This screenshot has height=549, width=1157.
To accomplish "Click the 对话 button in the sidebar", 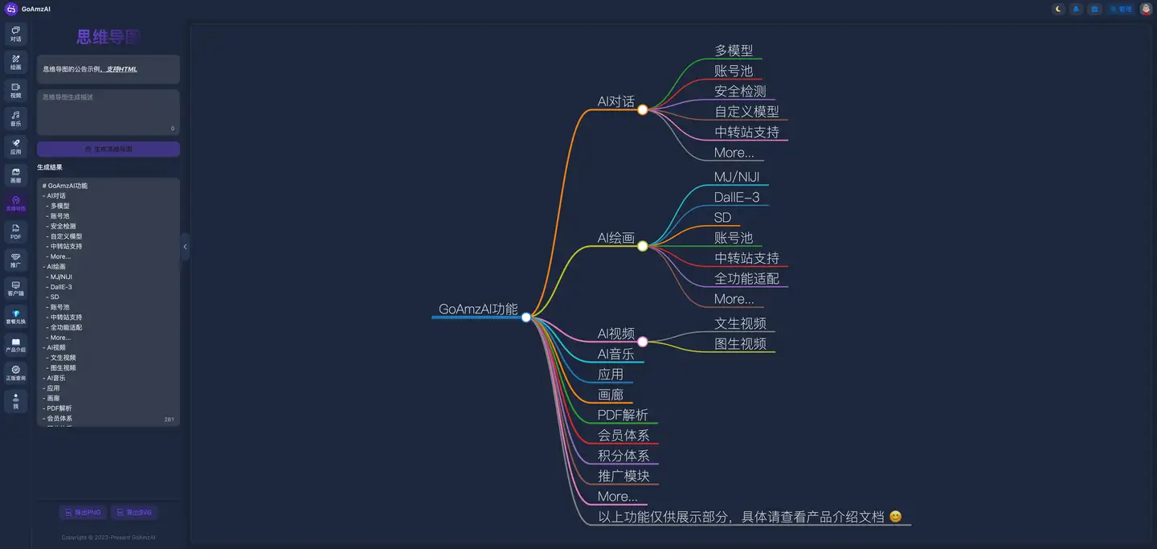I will click(15, 34).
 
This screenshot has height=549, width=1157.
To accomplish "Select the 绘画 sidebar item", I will click(15, 62).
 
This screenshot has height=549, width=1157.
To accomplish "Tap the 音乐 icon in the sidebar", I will click(15, 119).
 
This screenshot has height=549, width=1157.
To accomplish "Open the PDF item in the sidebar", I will click(15, 232).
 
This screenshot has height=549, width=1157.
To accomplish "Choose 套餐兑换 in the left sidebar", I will click(15, 317).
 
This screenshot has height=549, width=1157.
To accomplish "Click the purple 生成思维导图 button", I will click(108, 150).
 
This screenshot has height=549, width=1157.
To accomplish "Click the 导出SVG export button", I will click(133, 512).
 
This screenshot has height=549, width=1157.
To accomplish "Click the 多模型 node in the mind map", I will click(734, 51).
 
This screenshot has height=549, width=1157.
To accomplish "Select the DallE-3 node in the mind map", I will click(736, 197).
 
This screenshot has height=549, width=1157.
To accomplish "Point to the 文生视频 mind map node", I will click(740, 323).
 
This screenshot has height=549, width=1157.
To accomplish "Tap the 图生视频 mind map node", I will click(740, 343).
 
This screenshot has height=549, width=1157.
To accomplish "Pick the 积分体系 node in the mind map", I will click(623, 455).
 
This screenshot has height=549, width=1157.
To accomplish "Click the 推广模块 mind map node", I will click(623, 475).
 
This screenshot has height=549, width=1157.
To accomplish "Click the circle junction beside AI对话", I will click(643, 109).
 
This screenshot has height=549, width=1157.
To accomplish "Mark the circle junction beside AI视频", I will click(643, 342).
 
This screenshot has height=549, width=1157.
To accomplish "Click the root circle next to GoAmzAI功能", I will click(526, 317).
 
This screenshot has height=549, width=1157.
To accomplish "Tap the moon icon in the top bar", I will click(1058, 9).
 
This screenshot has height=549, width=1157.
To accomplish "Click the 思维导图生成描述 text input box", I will click(108, 111).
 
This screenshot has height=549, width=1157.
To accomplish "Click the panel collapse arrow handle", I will click(185, 247).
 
